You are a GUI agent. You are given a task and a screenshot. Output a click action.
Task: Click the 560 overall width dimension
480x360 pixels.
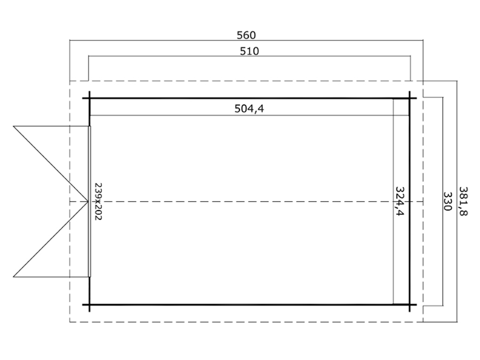246,36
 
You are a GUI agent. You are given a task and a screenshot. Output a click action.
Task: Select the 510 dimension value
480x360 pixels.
249,51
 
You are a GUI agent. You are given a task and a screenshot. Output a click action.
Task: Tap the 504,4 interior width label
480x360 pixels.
249,108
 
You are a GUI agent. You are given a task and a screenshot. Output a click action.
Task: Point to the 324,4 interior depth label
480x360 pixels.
399,201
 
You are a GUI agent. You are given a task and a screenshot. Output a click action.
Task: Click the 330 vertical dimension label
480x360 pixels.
447,202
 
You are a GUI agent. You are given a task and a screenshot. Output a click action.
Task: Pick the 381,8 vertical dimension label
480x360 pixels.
463,202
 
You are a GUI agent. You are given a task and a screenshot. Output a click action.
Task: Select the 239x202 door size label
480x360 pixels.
98,202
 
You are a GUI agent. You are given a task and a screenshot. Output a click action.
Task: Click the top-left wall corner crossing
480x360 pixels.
90,98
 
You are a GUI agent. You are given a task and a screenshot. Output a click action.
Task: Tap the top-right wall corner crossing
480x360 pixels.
409,98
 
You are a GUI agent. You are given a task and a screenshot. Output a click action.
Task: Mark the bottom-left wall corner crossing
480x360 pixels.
90,305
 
